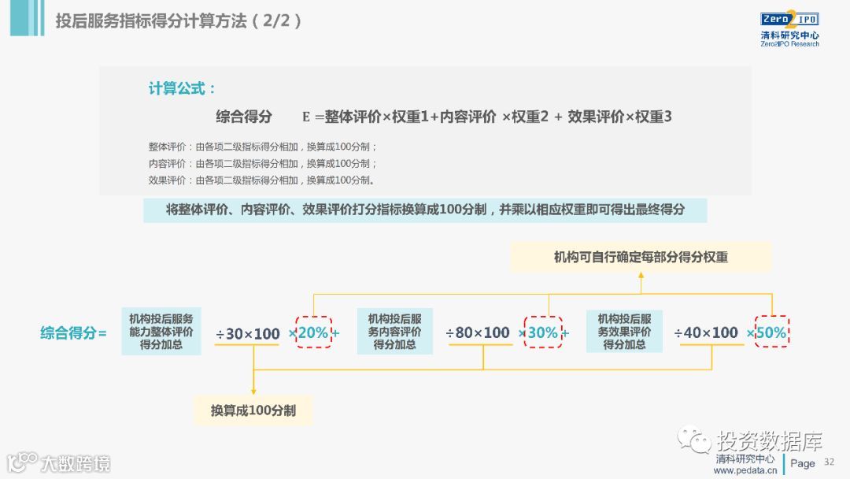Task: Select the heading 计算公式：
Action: coord(182,88)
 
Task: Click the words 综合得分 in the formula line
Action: coord(244,117)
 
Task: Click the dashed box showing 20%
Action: coord(313,332)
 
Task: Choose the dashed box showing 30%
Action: coord(543,332)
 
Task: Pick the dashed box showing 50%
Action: coord(771,332)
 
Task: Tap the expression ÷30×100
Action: coord(248,333)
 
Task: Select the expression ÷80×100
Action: coord(478,332)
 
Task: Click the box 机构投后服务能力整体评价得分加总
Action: coord(161,332)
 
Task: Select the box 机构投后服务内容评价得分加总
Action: coord(394,332)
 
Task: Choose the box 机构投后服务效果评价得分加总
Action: coord(624,332)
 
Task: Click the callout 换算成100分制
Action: coord(253,410)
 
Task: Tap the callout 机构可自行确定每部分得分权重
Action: coord(641,257)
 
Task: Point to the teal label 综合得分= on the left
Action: coord(73,332)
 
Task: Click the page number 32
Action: coord(828,462)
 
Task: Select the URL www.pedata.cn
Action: coord(745,470)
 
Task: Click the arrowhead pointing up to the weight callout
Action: coord(641,277)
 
